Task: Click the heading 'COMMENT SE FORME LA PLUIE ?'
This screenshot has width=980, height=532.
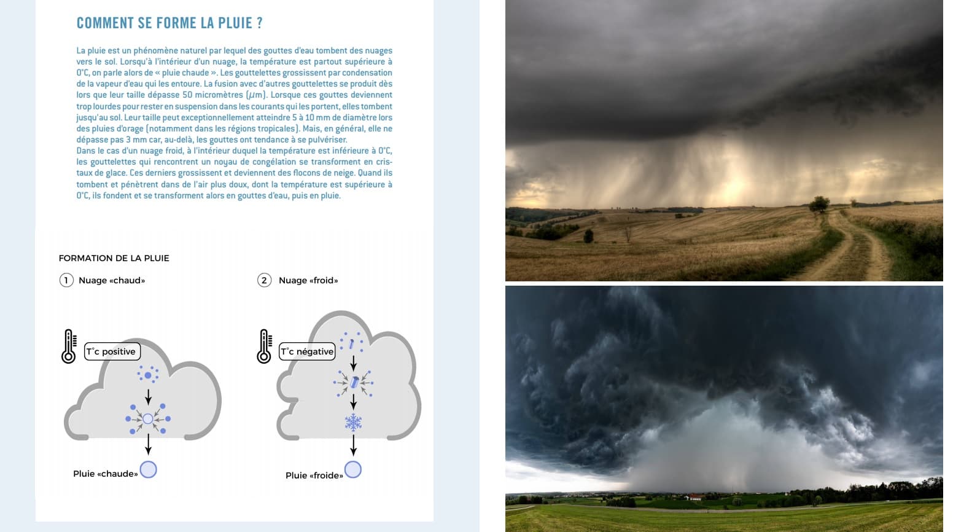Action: coord(169,23)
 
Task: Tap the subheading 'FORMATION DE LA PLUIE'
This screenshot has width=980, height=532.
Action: coord(114,258)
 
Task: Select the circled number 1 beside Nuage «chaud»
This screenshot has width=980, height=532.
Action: coord(66,280)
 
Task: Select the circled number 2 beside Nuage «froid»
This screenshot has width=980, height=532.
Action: coord(264,280)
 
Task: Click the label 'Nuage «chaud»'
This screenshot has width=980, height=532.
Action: coord(112,280)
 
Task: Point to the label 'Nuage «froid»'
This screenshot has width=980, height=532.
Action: coord(308,280)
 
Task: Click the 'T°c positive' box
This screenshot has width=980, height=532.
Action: coord(112,351)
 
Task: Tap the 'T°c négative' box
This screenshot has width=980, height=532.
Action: coord(307,351)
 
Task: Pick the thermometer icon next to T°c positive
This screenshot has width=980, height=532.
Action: coord(69,346)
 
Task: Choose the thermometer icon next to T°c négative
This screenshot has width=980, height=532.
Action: coord(264,346)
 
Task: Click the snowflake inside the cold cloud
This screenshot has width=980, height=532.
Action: coord(353,422)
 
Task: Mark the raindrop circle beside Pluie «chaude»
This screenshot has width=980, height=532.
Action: coord(148,470)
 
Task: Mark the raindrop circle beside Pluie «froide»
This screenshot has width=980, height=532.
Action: coord(353,470)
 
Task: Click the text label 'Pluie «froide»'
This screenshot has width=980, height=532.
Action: coord(314,475)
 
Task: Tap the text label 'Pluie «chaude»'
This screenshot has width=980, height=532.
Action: coord(105,474)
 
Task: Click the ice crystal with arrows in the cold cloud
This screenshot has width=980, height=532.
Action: coord(354,382)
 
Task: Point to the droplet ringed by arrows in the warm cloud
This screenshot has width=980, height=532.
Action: coord(148,419)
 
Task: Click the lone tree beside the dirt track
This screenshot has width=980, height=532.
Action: coord(819,203)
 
